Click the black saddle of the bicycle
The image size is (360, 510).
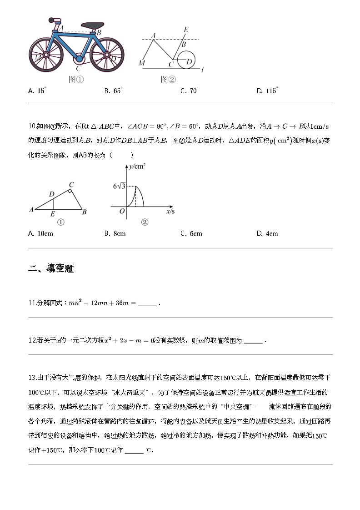[x=93, y=25]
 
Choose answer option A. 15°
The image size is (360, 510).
[x=37, y=91]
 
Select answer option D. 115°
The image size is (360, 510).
[x=267, y=91]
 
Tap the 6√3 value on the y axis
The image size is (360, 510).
[x=119, y=186]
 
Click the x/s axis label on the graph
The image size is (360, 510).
[x=170, y=212]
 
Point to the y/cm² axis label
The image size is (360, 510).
[x=137, y=167]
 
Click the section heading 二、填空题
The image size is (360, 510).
[x=51, y=268]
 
